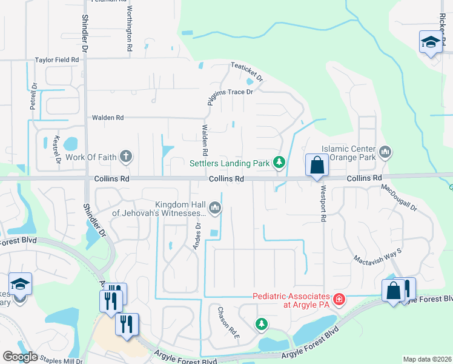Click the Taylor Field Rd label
[x=57, y=61]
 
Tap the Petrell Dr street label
[x=34, y=96]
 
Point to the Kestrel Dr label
[x=58, y=149]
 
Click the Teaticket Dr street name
[x=246, y=73]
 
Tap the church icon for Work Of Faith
[x=126, y=157]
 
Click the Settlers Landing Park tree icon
[x=279, y=162]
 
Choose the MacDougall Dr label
[x=400, y=198]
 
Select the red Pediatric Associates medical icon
[x=339, y=300]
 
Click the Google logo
[x=20, y=357]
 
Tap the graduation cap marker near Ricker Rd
[x=430, y=42]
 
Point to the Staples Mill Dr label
[x=60, y=360]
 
